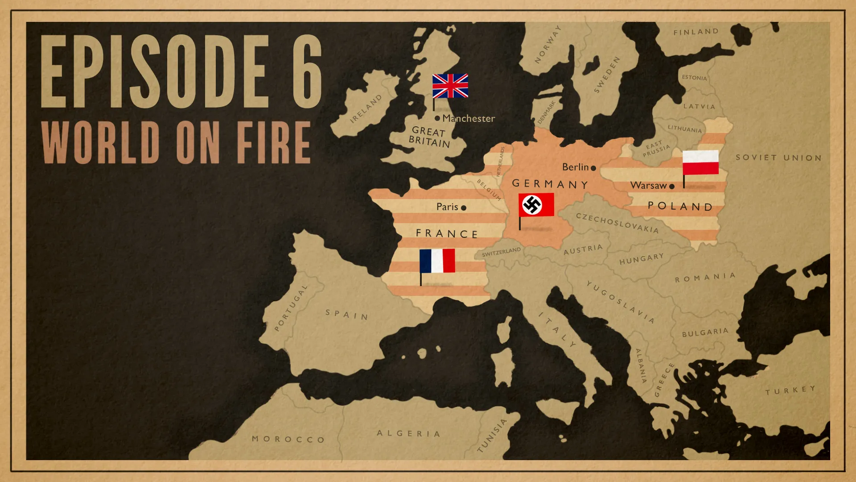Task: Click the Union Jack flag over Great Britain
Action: (x=450, y=86)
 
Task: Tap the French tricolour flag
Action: (x=437, y=261)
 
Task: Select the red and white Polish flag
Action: (x=700, y=163)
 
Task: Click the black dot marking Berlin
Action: (x=593, y=168)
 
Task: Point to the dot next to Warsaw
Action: (x=672, y=187)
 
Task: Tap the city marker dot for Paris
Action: (x=464, y=208)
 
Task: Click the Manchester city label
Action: (x=468, y=119)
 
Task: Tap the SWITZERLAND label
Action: (x=501, y=252)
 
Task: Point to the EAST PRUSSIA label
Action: (x=656, y=149)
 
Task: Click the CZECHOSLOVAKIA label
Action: (x=617, y=223)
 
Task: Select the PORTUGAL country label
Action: (x=291, y=308)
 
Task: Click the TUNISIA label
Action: (x=492, y=436)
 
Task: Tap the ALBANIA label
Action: (x=641, y=366)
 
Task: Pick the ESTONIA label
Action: (x=694, y=78)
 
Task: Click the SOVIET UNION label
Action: (x=778, y=158)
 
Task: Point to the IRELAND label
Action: (x=366, y=108)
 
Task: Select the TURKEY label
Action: (x=790, y=391)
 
